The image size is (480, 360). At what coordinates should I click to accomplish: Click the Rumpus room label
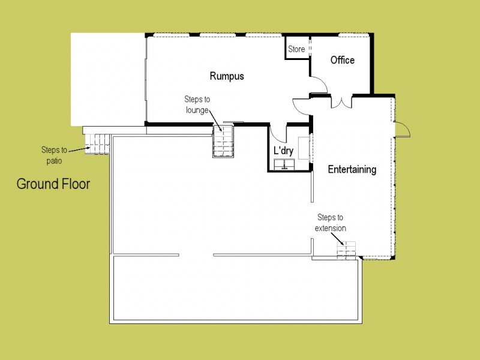coord(227,76)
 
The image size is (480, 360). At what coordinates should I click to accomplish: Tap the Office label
coord(343,60)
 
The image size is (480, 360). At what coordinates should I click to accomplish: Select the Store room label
coord(296,49)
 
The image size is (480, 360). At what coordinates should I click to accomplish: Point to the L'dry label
coord(283,151)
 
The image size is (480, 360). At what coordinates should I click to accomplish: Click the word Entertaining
coord(352,169)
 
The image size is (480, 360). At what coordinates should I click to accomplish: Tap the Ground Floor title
coord(53,184)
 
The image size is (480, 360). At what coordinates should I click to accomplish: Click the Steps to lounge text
coord(197,104)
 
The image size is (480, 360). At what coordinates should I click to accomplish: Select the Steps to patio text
coord(54,155)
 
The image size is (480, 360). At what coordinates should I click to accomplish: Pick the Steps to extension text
coord(331,223)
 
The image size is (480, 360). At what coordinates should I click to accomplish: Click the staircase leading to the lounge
coord(223,142)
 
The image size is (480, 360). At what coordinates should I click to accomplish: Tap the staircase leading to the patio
coord(97,144)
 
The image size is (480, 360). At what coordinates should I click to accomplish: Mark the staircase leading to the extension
coord(346,250)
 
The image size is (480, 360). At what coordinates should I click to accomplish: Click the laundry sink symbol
coord(284,164)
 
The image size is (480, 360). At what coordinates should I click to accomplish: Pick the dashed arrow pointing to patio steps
coord(79,149)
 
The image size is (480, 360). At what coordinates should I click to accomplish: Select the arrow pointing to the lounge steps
coord(215,121)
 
